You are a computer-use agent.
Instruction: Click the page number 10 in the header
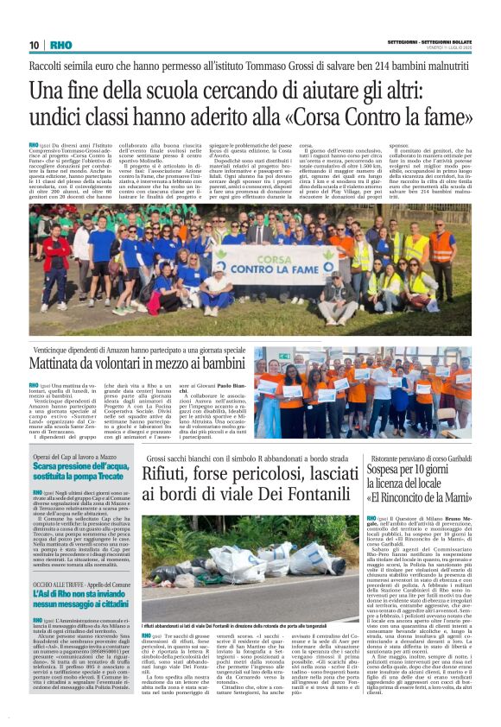[35, 45]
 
